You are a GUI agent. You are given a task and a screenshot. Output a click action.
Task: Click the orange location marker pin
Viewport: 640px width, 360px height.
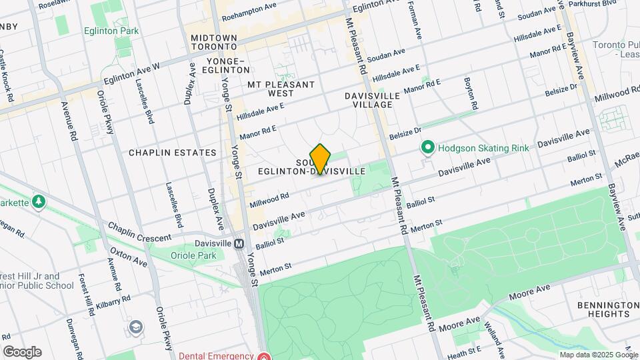321,159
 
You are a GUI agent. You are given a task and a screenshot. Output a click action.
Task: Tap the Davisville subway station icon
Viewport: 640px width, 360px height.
239,244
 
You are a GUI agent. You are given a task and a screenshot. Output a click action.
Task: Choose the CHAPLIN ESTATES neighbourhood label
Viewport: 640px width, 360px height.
173,153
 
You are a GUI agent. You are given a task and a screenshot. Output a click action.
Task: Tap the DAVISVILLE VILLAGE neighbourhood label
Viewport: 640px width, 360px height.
373,100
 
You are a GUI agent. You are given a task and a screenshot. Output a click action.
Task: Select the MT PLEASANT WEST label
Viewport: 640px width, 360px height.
281,89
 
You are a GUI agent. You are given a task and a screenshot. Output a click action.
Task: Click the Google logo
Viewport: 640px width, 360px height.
22,352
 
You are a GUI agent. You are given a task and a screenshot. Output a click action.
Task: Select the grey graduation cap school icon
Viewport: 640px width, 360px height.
136,327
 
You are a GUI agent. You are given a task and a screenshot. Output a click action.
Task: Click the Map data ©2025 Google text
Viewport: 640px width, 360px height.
598,355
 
